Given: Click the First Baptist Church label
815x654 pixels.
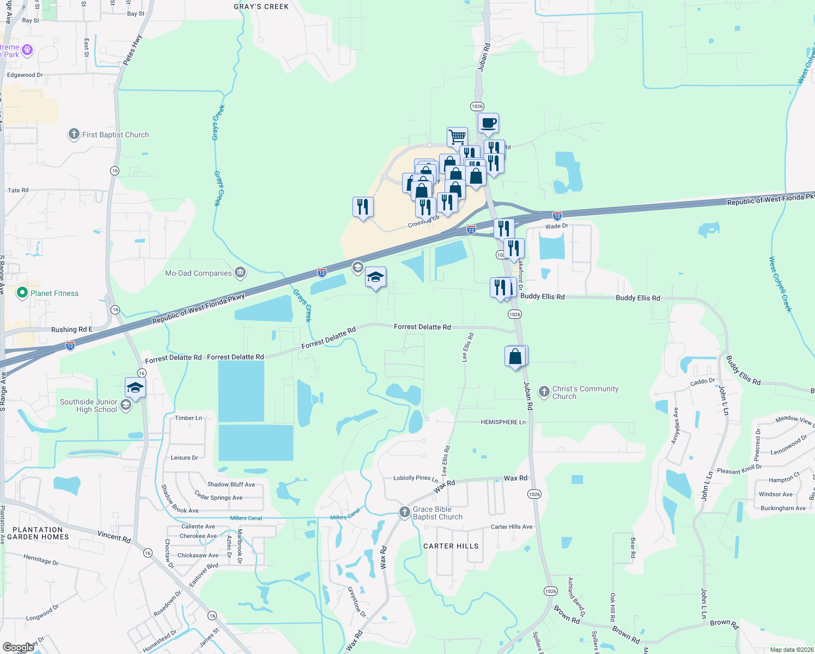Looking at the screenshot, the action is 115,135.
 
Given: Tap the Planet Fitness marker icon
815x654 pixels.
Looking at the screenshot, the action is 22,293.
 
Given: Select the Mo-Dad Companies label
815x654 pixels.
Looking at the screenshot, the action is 198,273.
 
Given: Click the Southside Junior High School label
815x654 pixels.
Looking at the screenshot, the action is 89,405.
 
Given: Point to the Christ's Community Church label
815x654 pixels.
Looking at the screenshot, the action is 585,392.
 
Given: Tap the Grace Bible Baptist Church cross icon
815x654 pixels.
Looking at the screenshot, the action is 404,512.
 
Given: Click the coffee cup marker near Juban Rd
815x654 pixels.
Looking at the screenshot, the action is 489,123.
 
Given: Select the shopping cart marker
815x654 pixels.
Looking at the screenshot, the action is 457,137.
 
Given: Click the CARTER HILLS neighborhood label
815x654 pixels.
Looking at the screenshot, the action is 451,546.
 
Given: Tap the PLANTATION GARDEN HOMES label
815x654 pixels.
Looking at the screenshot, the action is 38,533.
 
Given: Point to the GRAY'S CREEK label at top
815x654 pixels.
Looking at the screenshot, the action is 261,7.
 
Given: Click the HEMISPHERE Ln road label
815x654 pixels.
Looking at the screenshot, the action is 503,422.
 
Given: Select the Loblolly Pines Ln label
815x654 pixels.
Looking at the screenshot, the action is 415,478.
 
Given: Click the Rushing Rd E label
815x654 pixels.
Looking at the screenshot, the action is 71,330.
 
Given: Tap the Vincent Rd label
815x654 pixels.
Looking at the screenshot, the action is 114,536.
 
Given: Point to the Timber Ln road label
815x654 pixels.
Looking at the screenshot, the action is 188,418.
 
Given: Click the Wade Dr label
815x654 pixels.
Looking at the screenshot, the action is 556,226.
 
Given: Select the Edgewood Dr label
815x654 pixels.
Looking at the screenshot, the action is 25,75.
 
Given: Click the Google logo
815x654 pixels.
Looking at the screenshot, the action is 17,647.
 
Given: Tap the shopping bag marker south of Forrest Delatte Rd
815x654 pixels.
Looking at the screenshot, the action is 515,356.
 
